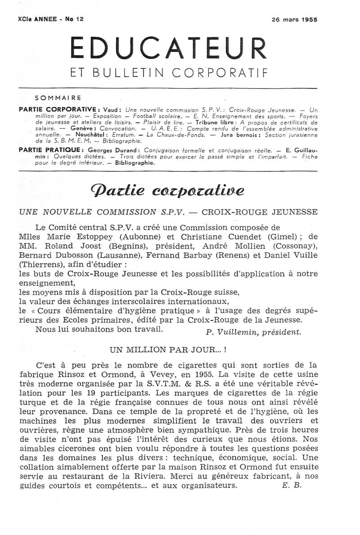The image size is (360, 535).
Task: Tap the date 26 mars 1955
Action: point(294,20)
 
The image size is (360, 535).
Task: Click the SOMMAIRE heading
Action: point(58,97)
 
